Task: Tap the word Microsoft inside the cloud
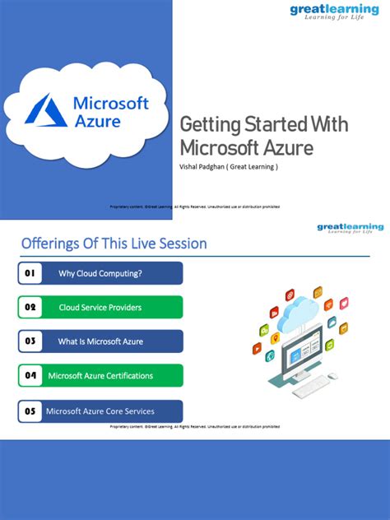[x=111, y=104]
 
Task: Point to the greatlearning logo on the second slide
[x=351, y=228]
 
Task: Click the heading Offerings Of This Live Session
[x=114, y=244]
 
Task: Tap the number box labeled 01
[x=30, y=273]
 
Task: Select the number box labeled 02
[x=30, y=308]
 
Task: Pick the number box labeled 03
[x=30, y=341]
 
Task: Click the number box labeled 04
[x=30, y=376]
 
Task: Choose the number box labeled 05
[x=30, y=411]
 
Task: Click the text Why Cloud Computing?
[x=100, y=273]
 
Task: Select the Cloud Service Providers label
[x=100, y=308]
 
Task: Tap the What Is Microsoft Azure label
[x=101, y=341]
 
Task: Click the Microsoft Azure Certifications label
[x=100, y=376]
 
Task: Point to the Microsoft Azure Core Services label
[x=100, y=411]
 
